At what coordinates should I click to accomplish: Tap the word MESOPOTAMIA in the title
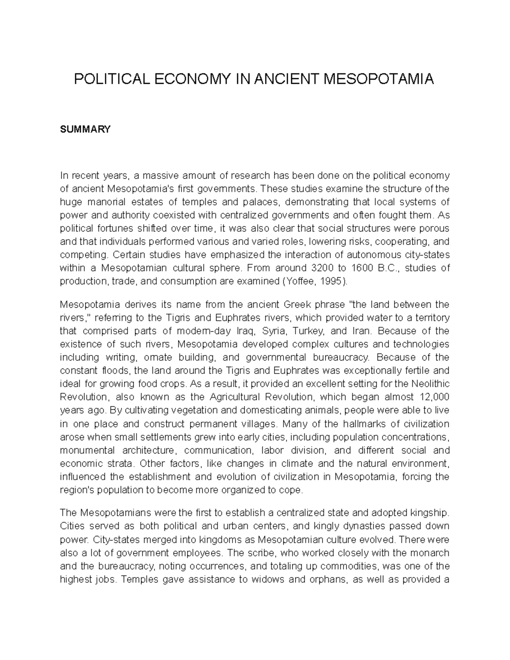click(379, 79)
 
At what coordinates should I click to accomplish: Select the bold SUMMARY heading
click(85, 129)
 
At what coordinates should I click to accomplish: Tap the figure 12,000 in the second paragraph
click(433, 397)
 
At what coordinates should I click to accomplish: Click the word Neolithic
click(430, 384)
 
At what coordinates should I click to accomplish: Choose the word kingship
click(430, 513)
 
